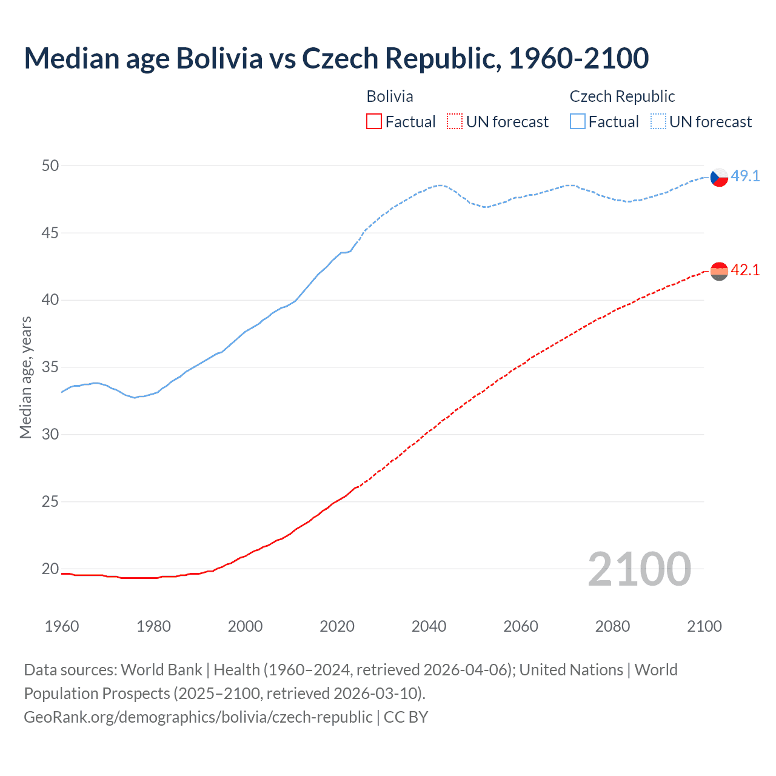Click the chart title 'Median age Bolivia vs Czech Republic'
pos(336,58)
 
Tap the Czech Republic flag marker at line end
pos(718,177)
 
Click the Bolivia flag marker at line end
pos(718,271)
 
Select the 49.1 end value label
pos(745,176)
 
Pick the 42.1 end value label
pos(745,270)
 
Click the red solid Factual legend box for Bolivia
pos(374,122)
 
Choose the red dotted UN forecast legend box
pos(455,122)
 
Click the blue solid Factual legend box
pos(578,122)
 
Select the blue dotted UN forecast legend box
pos(658,122)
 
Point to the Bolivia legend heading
pos(390,96)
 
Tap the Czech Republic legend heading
pos(622,96)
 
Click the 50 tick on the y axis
pos(50,166)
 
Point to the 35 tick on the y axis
pos(50,367)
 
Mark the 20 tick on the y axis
pos(50,569)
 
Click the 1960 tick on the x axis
pos(62,626)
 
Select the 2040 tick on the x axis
pos(429,626)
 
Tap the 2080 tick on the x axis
pos(612,626)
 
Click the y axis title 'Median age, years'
pos(25,377)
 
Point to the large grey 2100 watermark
pos(639,569)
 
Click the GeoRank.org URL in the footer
pos(198,717)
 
